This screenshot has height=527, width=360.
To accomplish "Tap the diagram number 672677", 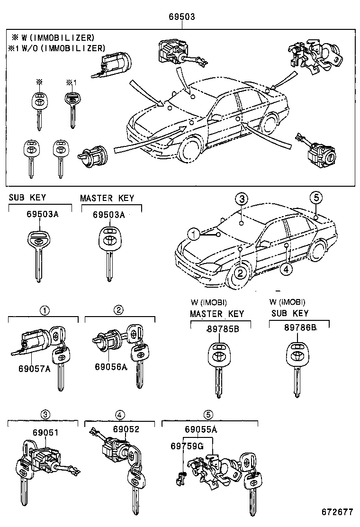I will click(337, 512).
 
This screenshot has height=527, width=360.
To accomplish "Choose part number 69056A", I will click(110, 367).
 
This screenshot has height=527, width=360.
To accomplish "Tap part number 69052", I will click(126, 429).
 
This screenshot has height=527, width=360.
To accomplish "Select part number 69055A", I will click(200, 430).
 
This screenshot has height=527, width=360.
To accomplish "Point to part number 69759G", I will click(187, 445).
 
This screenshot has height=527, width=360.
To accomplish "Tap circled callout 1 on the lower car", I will click(193, 234).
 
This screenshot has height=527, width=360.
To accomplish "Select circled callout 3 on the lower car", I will click(241, 199).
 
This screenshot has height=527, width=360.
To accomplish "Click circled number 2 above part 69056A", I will click(118, 310).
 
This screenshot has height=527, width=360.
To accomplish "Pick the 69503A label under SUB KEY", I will click(42, 214).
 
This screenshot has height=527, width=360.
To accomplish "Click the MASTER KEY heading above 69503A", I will click(107, 198).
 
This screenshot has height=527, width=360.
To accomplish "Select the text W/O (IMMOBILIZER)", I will click(61, 48).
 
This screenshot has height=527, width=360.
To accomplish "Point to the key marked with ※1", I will click(72, 107).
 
